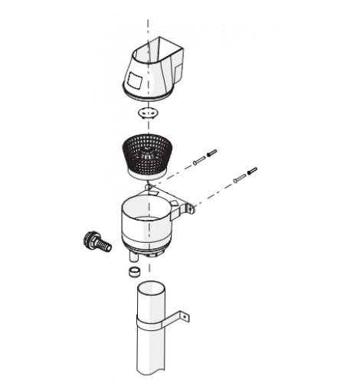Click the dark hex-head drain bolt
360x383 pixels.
[x=92, y=239]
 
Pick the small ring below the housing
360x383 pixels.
[x=133, y=270]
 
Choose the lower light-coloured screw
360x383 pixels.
[x=239, y=177]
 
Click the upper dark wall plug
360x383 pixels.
[x=212, y=152]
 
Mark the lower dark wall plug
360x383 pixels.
[x=252, y=171]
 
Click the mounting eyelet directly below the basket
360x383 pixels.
[x=149, y=187]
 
